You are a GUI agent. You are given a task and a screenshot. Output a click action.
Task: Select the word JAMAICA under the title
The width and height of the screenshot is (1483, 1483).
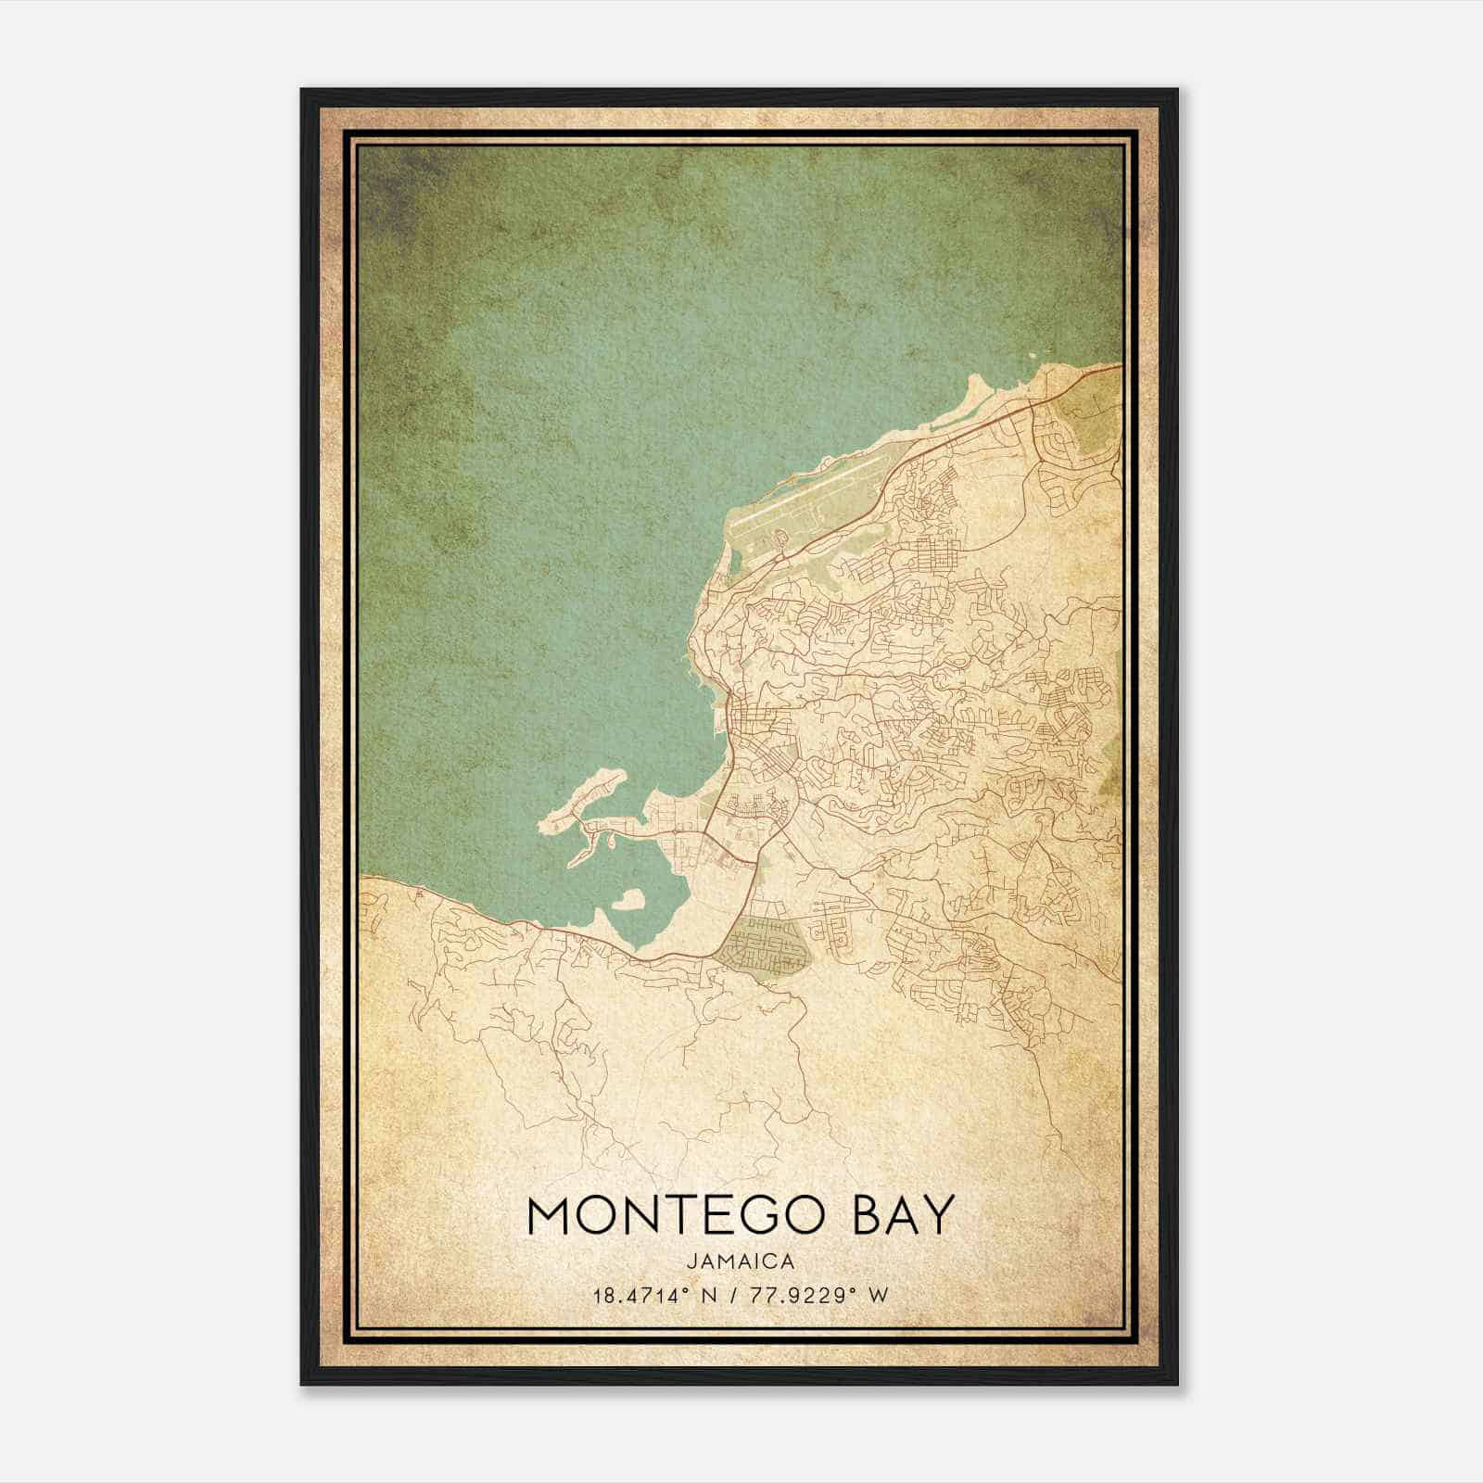click(x=741, y=1261)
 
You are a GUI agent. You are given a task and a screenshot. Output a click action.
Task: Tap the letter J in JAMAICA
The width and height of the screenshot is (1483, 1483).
click(x=693, y=1261)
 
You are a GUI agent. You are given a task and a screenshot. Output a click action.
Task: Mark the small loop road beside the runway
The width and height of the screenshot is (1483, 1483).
click(x=780, y=537)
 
